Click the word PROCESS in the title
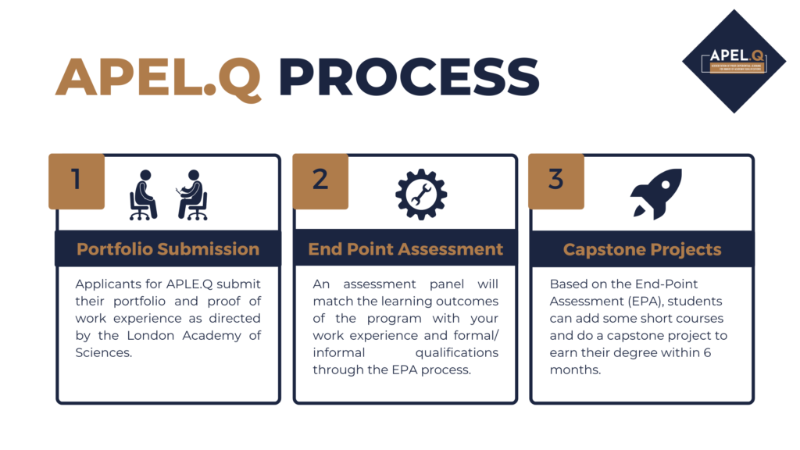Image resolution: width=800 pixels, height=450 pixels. [x=409, y=78]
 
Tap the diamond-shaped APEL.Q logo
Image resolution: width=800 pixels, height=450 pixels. [x=734, y=61]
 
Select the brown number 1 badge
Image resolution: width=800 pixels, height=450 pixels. [x=76, y=180]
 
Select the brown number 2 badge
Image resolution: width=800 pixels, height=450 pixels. [x=320, y=180]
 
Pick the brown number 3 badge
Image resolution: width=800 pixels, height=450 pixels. [x=555, y=180]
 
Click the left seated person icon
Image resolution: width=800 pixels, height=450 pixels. [x=143, y=195]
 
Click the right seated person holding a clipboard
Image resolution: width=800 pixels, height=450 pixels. [x=192, y=195]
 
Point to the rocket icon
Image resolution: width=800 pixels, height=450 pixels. [x=655, y=194]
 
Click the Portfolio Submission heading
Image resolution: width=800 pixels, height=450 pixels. [x=168, y=249]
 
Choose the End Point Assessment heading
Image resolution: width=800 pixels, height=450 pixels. [x=405, y=249]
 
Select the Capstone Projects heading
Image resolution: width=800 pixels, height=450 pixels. [x=642, y=250]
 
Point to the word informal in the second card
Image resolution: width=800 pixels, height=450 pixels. [x=341, y=352]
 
